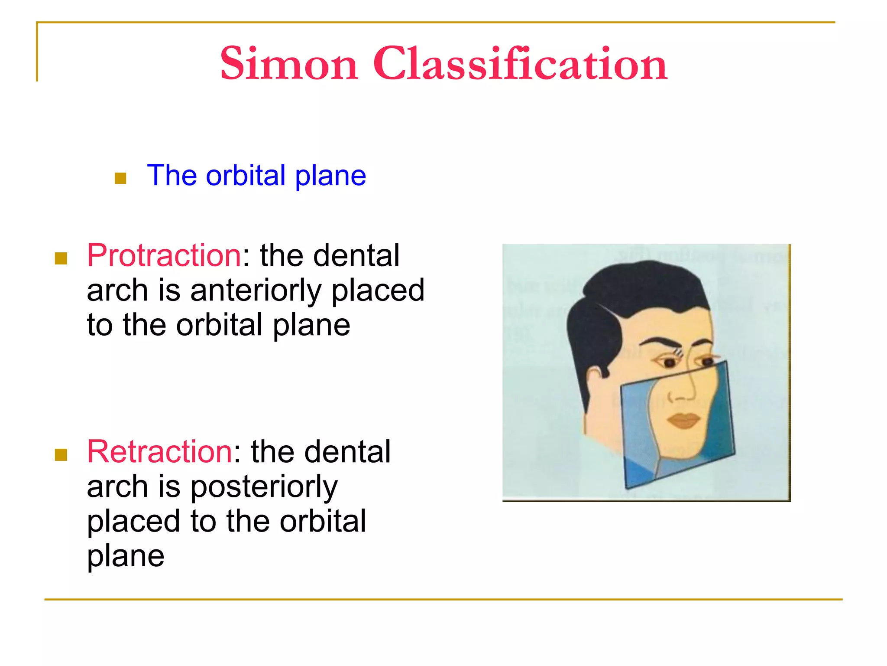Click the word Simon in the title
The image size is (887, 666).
[x=289, y=64]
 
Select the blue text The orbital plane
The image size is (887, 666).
[x=256, y=176]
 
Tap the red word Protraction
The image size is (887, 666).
[x=164, y=255]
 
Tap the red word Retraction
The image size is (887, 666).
[x=159, y=452]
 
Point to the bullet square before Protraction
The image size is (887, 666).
[x=61, y=258]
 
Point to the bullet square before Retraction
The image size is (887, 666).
[x=61, y=455]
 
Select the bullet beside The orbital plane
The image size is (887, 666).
[x=120, y=178]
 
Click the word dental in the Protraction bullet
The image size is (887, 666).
[x=356, y=255]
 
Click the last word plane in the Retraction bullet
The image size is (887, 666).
[x=126, y=556]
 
